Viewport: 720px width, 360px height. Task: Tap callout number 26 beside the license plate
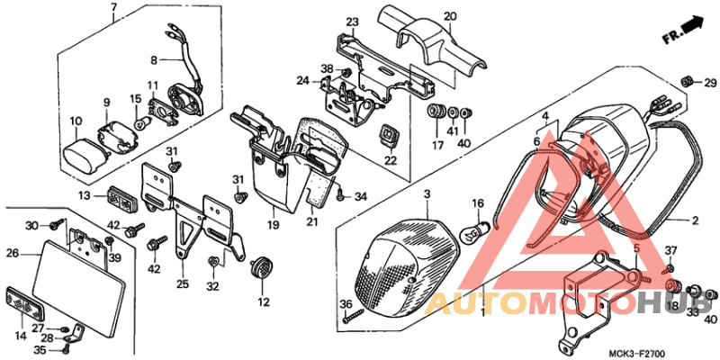point(13,253)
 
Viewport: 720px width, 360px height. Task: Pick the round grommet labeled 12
point(262,268)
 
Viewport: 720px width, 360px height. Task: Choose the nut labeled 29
point(687,83)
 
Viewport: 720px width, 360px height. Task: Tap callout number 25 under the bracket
point(183,284)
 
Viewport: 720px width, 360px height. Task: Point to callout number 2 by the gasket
point(694,219)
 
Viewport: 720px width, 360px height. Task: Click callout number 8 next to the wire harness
point(154,60)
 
